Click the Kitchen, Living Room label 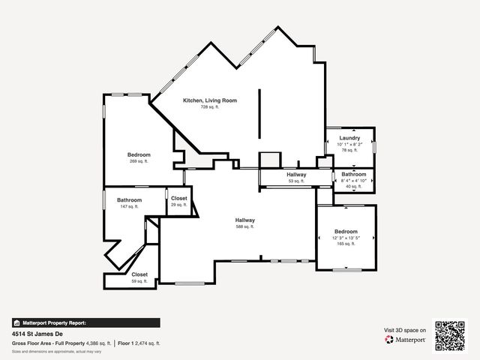coord(210,100)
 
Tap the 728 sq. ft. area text coord(209,107)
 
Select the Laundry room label coord(349,138)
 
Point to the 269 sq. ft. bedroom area coord(139,161)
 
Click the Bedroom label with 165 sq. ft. coord(346,232)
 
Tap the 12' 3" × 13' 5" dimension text coord(346,238)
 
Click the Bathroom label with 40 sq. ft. coord(353,174)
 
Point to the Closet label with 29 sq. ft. coord(178,198)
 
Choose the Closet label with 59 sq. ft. coord(139,274)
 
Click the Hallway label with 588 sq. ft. coord(245,220)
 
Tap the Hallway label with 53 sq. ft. coord(296,175)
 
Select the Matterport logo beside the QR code coord(406,340)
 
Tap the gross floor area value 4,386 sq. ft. coord(98,343)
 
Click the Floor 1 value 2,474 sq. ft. coord(145,343)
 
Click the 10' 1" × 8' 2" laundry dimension coord(349,144)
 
